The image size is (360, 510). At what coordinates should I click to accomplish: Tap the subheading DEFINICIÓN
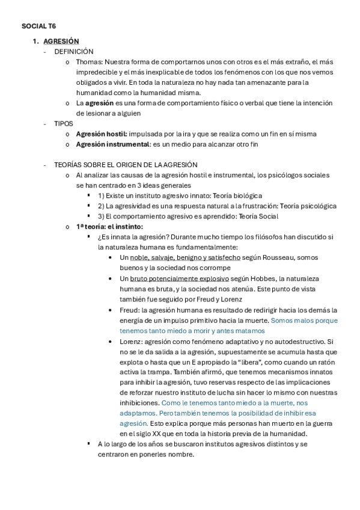(x=74, y=52)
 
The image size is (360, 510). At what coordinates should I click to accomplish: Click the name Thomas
(x=89, y=62)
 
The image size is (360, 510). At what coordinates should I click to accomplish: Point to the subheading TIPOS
(x=63, y=123)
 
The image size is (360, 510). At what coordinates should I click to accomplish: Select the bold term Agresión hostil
(x=101, y=134)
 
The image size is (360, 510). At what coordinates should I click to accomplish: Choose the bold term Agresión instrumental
(x=112, y=144)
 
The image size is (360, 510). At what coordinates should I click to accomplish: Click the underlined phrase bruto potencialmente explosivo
(x=178, y=278)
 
